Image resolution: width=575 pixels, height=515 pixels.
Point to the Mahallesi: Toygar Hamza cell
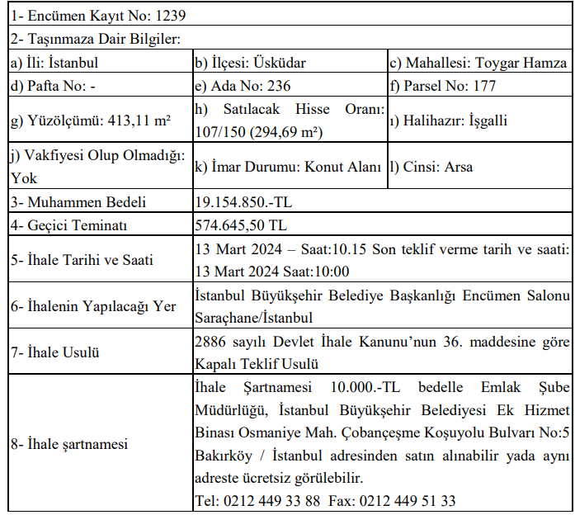point(478,63)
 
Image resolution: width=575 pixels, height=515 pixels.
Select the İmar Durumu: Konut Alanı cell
point(288,167)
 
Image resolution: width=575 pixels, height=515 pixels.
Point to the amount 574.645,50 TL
point(241,224)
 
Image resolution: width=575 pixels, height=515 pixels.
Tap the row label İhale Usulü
point(55,352)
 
